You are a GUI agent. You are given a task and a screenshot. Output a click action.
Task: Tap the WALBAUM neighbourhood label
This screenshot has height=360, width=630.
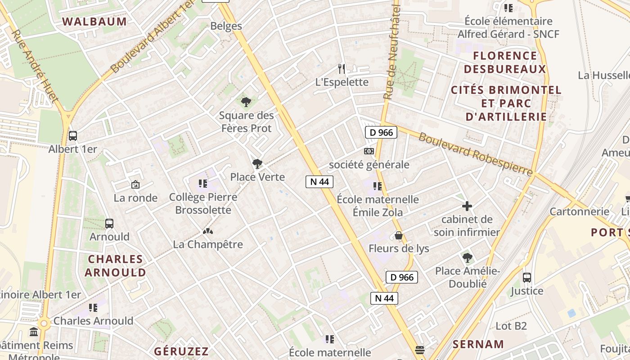click(94, 21)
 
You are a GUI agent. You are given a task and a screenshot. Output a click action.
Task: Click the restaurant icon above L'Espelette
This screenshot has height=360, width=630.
click(342, 69)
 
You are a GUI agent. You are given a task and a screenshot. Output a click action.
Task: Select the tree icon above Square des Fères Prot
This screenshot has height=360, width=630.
click(246, 103)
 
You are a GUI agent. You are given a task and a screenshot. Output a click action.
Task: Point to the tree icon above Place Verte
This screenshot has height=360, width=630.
click(257, 164)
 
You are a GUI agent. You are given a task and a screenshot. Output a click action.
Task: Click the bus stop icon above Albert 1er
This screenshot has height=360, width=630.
click(72, 135)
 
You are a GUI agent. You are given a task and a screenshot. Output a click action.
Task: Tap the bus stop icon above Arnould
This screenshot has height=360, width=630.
click(109, 223)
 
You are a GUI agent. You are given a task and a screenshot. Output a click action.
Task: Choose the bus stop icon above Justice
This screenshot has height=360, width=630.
click(527, 278)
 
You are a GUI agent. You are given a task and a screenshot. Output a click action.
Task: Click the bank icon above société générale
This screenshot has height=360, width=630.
click(369, 151)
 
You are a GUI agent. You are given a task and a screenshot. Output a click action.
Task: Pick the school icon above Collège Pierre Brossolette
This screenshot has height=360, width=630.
click(203, 184)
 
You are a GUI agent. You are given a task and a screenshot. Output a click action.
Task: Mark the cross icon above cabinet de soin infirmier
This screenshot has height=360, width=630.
click(467, 207)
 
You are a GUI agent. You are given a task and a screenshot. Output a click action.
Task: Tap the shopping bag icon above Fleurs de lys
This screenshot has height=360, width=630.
click(398, 235)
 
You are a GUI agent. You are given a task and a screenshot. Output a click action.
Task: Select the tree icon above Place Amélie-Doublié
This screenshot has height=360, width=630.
click(468, 258)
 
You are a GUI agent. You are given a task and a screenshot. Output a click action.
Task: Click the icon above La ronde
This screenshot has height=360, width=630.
click(135, 184)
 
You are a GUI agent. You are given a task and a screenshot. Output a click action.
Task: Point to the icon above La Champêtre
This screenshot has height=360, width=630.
click(207, 231)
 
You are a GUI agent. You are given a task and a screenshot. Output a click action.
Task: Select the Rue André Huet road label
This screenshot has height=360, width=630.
click(34, 65)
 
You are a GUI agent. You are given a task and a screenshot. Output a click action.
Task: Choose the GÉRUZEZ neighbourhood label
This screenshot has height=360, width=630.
click(181, 351)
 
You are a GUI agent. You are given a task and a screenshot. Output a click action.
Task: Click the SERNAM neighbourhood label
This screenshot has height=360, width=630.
click(478, 345)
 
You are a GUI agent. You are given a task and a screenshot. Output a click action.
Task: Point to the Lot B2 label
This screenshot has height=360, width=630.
click(511, 326)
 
